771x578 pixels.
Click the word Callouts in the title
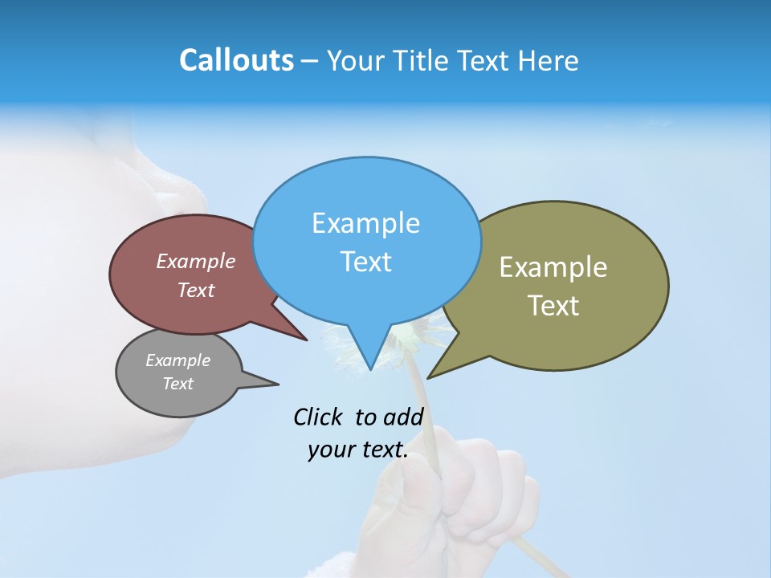pyautogui.click(x=236, y=60)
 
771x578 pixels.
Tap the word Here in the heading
pyautogui.click(x=549, y=60)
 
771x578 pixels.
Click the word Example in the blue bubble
pyautogui.click(x=365, y=223)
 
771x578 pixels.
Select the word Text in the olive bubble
pyautogui.click(x=553, y=306)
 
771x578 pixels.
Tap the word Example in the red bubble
pyautogui.click(x=196, y=261)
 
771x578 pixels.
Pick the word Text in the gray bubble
pyautogui.click(x=178, y=384)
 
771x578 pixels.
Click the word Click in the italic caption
pyautogui.click(x=318, y=417)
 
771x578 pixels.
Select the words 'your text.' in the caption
pyautogui.click(x=358, y=450)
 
